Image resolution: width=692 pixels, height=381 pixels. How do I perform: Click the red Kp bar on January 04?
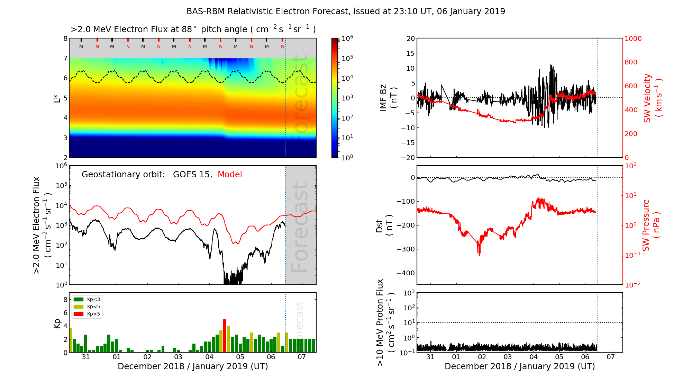[225, 335]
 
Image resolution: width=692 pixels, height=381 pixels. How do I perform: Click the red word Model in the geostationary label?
[230, 175]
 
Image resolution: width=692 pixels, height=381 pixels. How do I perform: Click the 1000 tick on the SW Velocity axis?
[633, 38]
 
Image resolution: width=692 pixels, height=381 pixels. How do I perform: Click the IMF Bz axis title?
[388, 98]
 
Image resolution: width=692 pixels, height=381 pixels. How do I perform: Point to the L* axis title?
[57, 98]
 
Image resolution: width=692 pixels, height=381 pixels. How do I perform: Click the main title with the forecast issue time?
[346, 11]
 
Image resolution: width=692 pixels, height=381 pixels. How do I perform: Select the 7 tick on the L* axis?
[65, 58]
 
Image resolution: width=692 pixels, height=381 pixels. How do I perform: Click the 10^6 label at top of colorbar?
[347, 38]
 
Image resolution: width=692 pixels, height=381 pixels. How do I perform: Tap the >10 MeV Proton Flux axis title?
[385, 322]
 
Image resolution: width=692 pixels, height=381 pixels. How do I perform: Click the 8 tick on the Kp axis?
[65, 300]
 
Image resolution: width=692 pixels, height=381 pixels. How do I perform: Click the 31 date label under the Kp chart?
[86, 357]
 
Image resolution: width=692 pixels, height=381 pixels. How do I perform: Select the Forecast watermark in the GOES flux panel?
[300, 227]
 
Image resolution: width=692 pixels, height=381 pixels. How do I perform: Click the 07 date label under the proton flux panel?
[611, 357]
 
